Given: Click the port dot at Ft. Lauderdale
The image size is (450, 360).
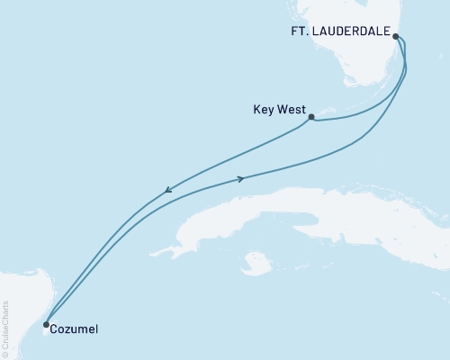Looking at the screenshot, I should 396,37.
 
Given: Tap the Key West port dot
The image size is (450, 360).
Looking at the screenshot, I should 310,117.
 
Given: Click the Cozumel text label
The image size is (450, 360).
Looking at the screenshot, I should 75,329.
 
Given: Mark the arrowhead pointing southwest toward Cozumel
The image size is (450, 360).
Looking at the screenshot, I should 168,190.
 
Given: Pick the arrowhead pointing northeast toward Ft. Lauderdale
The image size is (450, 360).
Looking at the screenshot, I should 241,178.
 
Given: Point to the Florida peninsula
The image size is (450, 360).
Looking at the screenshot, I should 423,63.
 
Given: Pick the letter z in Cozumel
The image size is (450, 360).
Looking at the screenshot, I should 67,329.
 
